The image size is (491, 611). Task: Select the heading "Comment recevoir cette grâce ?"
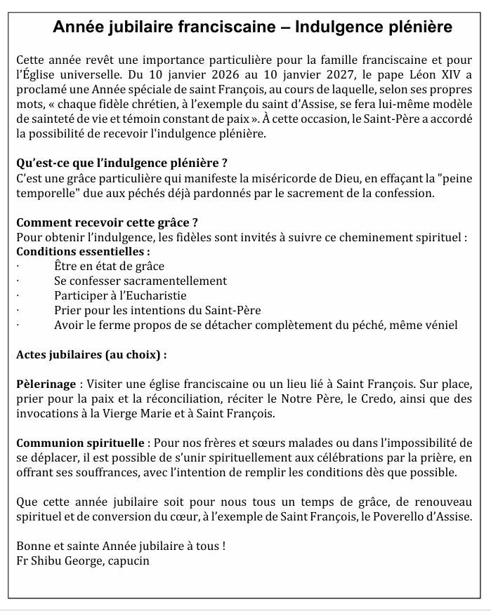click(x=107, y=222)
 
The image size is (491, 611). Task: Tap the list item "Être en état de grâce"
click(x=109, y=266)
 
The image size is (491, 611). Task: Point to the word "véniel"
click(x=439, y=325)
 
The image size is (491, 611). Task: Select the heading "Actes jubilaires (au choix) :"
click(x=91, y=354)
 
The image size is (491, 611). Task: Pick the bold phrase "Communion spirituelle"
click(x=80, y=443)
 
